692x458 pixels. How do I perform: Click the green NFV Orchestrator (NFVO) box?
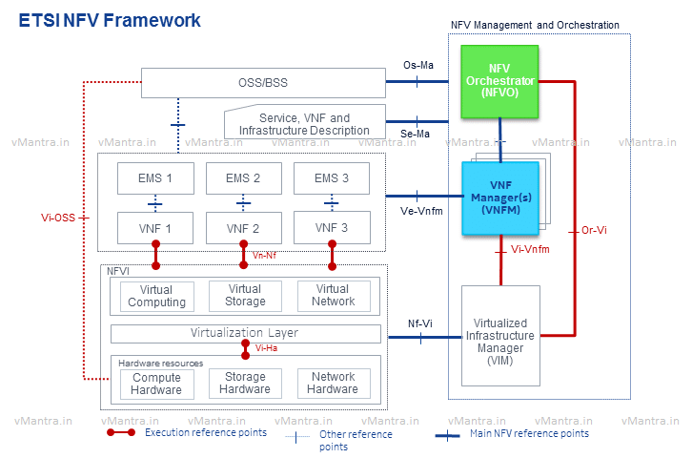[499, 82]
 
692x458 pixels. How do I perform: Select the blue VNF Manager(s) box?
[500, 198]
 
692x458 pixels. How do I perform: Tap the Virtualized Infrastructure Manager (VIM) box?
[500, 336]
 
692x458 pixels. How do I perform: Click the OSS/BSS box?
[263, 83]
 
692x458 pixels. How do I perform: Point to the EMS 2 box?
[244, 178]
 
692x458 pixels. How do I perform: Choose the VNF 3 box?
[332, 227]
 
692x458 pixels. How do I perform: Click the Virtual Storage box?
[245, 296]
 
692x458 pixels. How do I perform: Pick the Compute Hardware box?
[156, 384]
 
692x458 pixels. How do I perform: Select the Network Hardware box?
[334, 383]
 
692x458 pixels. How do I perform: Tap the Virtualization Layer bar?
[245, 333]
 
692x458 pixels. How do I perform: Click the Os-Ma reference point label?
[418, 66]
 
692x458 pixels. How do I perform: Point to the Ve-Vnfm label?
[421, 211]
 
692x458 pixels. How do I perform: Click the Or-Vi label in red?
[594, 230]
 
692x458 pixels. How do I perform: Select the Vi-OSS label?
[58, 218]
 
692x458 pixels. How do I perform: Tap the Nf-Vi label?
[420, 323]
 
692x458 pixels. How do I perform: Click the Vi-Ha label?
[266, 348]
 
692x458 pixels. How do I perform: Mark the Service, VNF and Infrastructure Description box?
[305, 122]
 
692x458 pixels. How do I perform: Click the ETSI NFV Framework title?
[110, 20]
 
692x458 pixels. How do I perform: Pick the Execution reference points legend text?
[206, 432]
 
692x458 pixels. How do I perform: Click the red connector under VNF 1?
[155, 255]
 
